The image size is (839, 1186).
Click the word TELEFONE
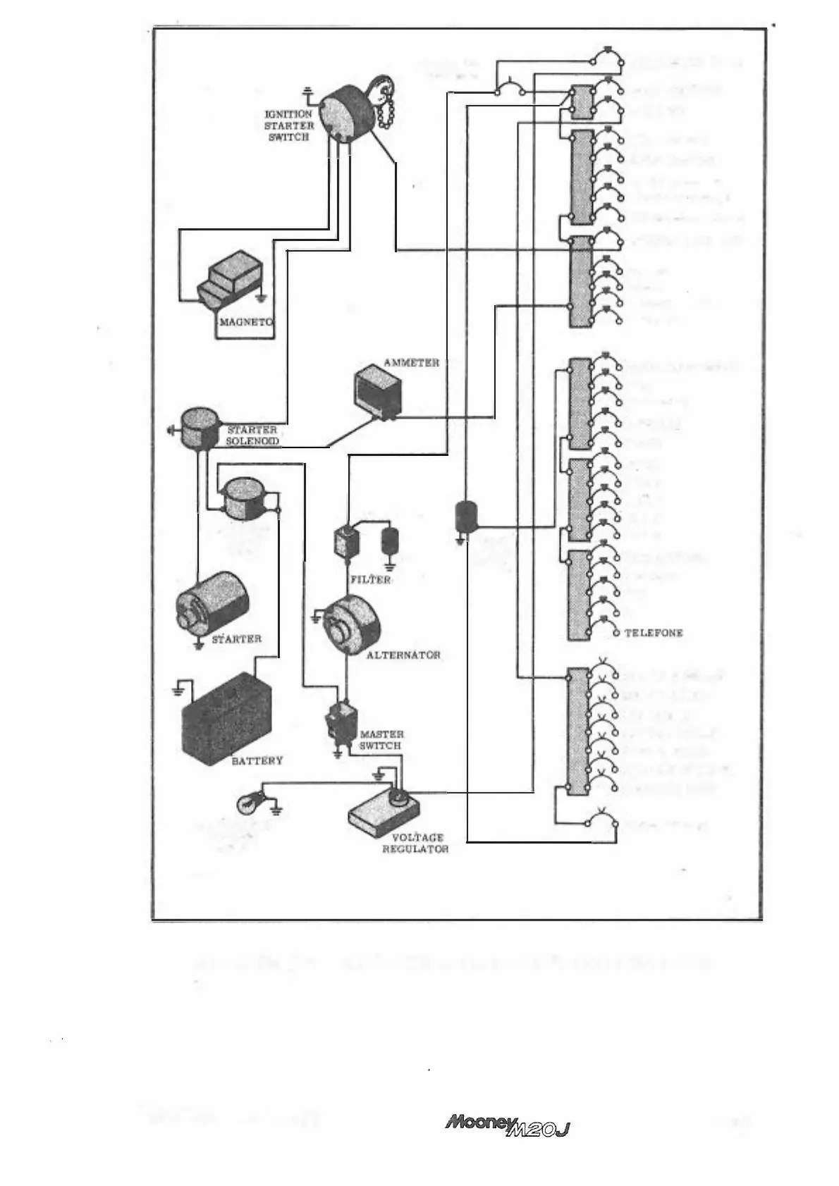654,634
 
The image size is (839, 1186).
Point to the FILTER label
370,579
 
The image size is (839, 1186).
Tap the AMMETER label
411,362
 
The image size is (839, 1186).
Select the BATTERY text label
257,761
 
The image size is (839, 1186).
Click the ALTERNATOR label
403,655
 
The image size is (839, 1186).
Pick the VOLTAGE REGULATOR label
415,844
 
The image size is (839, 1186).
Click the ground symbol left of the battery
182,687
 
